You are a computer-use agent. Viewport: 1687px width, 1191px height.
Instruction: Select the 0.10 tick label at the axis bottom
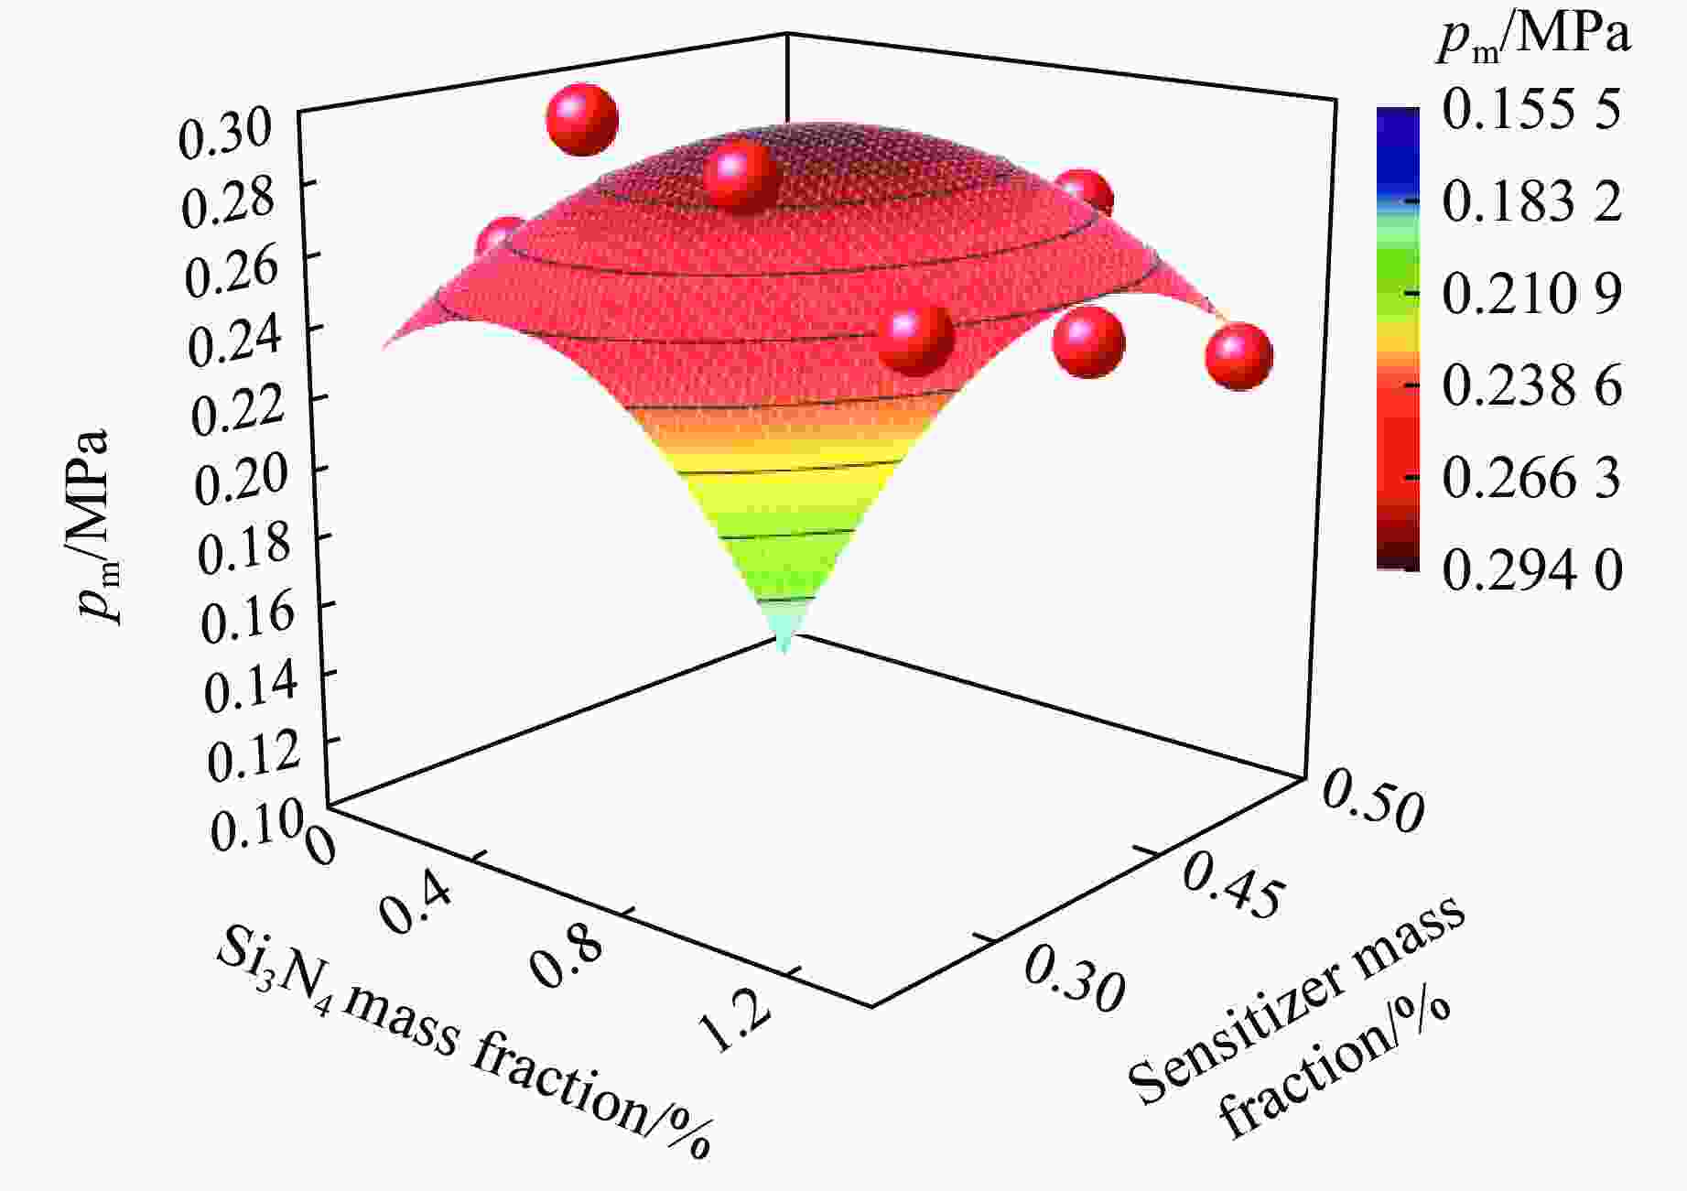click(254, 828)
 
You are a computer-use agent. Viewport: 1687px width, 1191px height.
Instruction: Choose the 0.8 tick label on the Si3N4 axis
click(568, 958)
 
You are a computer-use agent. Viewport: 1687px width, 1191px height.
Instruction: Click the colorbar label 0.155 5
click(1531, 109)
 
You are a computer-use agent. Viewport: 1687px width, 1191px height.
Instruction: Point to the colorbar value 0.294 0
click(1531, 570)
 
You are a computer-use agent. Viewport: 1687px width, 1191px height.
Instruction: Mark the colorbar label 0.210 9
click(1531, 294)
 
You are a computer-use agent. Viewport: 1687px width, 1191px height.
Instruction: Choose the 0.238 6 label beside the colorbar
click(1531, 385)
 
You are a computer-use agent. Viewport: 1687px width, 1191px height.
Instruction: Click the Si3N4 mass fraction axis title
click(462, 1044)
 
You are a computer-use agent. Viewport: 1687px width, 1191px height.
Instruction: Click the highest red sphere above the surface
click(582, 120)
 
